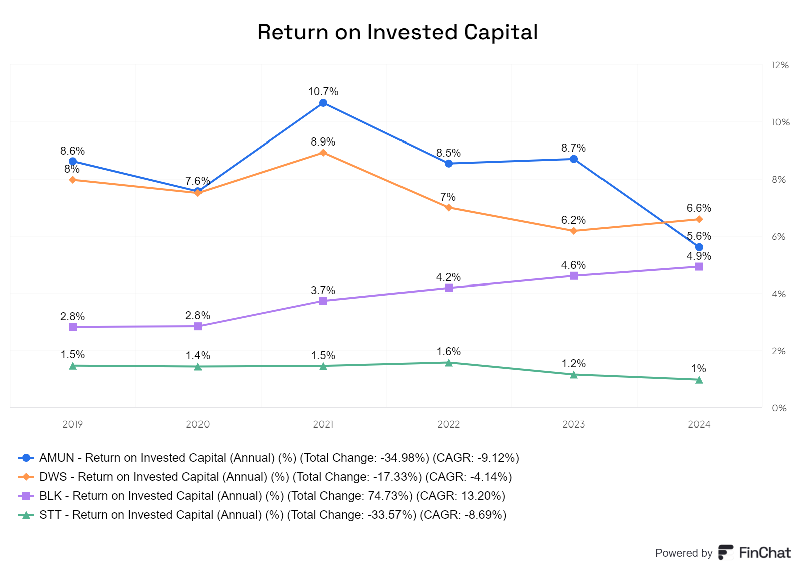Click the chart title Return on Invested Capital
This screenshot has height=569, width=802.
(x=397, y=32)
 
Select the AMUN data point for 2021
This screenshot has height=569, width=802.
(x=323, y=103)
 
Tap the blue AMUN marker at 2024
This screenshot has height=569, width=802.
(x=699, y=247)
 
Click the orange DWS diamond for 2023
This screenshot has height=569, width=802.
(x=573, y=231)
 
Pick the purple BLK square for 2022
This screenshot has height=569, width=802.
(x=448, y=288)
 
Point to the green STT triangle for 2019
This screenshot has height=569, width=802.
(x=73, y=366)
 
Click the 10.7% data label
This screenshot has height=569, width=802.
(x=323, y=92)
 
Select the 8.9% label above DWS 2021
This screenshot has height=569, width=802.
(x=323, y=142)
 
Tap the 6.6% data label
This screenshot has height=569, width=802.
(x=699, y=208)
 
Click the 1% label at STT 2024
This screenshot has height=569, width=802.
(x=699, y=368)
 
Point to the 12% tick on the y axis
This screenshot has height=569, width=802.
(x=780, y=65)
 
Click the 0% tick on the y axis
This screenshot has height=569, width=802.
(x=779, y=408)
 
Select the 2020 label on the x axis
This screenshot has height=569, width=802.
(x=197, y=424)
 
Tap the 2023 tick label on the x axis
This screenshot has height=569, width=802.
(x=573, y=424)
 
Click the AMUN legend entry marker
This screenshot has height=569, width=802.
(x=26, y=458)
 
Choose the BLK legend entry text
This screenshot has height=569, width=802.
(x=272, y=496)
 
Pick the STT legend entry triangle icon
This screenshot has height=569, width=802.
(x=26, y=515)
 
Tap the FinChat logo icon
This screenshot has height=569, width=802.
(x=726, y=552)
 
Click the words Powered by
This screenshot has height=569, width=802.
(x=684, y=553)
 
